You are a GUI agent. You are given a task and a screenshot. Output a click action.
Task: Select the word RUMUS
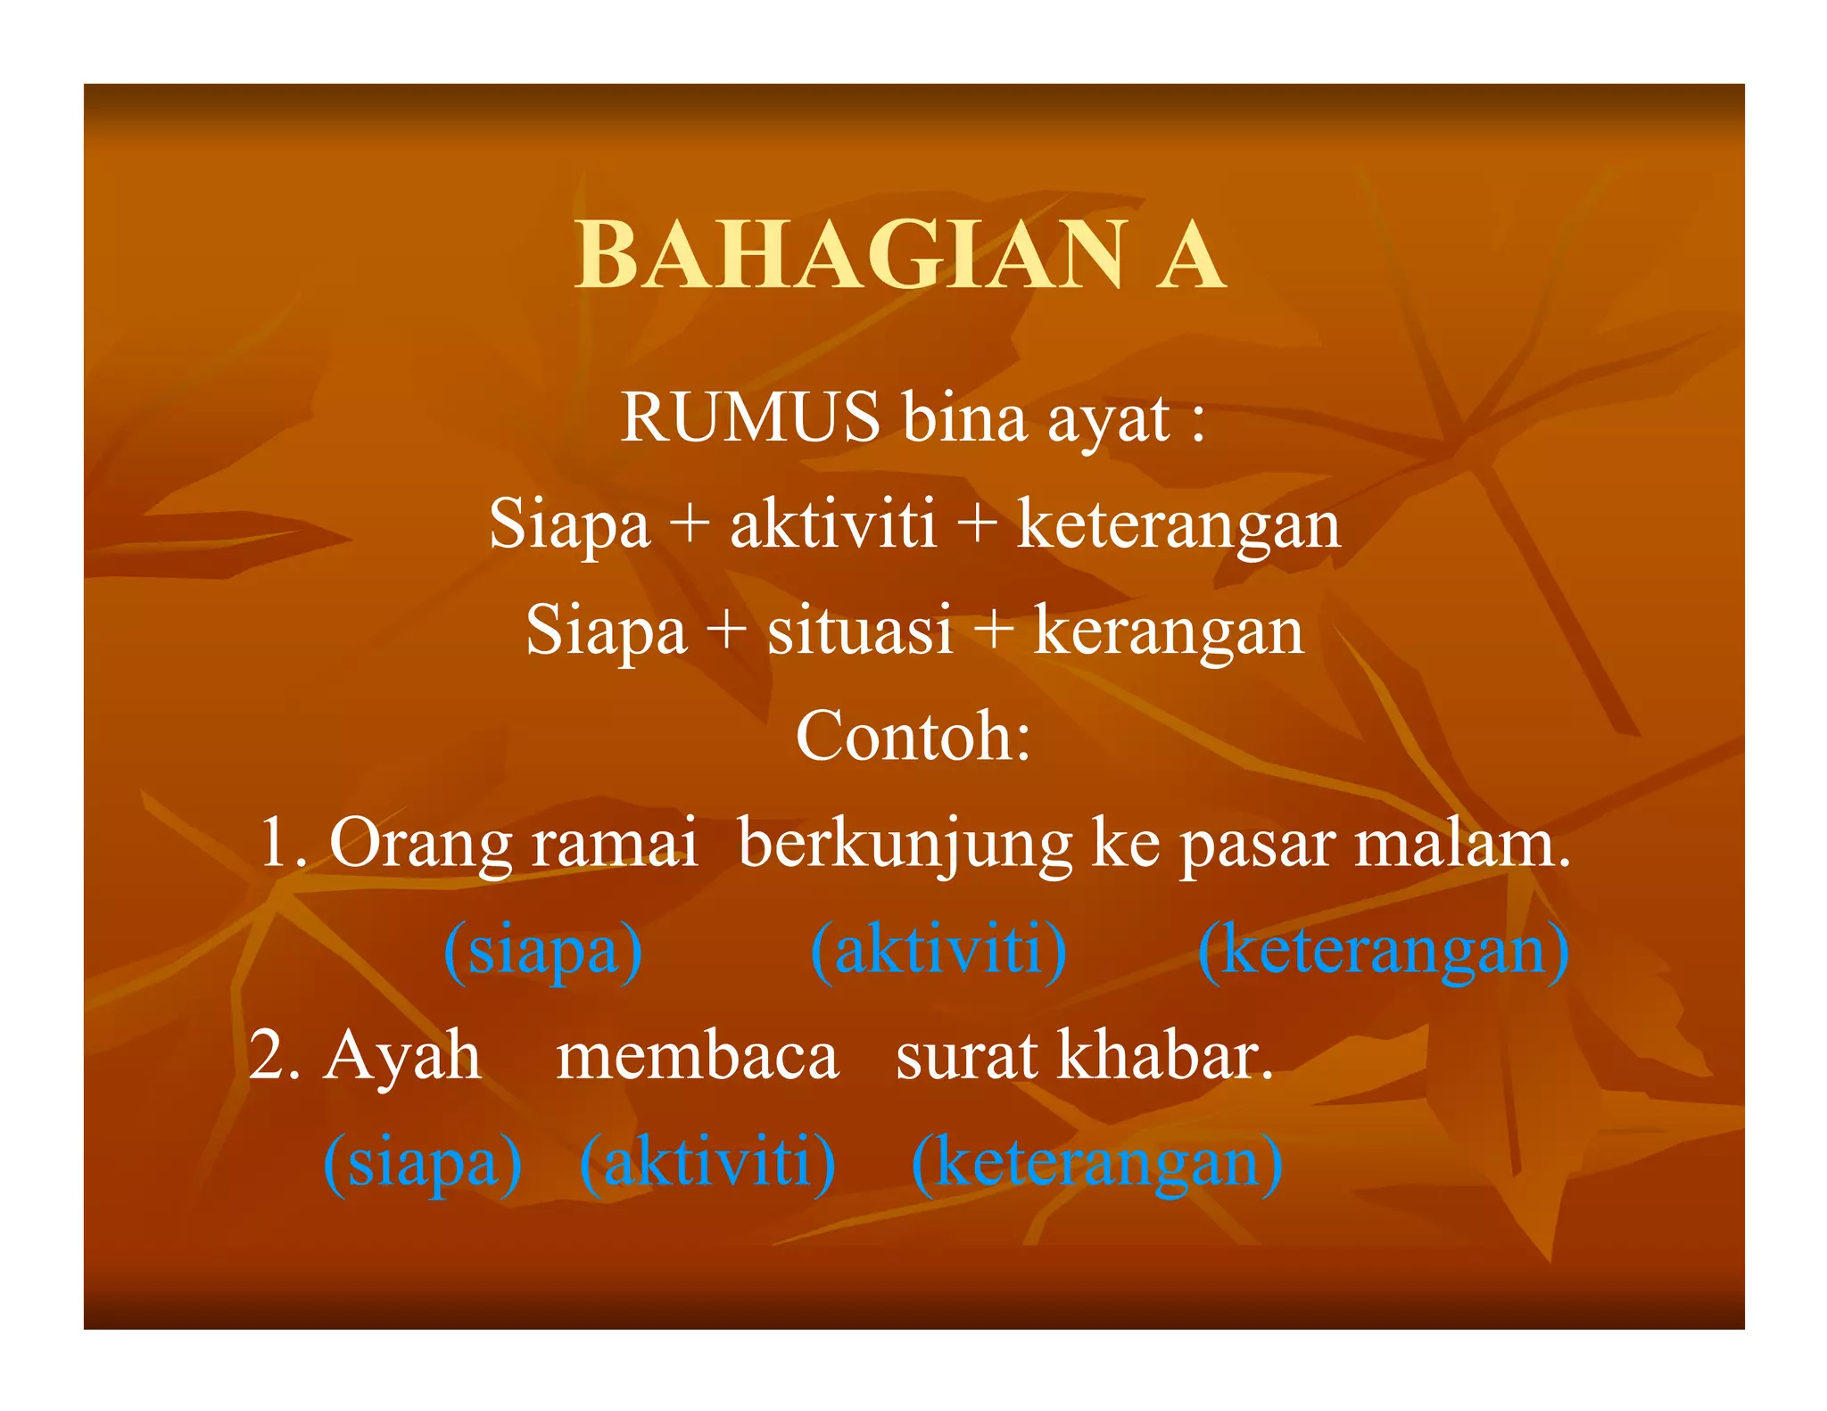pos(749,417)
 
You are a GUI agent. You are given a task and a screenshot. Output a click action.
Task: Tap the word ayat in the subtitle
pos(1107,419)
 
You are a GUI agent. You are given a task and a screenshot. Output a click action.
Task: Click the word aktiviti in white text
pos(833,524)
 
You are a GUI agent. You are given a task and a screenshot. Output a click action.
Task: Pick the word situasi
pos(860,630)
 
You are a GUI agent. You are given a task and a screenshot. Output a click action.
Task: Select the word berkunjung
pos(905,844)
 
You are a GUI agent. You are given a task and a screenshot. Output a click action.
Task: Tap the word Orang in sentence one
pos(420,844)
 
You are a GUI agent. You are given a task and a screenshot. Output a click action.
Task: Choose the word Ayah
pos(401,1056)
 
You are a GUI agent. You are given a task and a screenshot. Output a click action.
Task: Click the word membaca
pos(697,1056)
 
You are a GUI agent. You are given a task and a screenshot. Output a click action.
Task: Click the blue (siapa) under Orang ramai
pos(542,951)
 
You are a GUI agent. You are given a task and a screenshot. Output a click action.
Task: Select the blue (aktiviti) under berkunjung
pos(938,951)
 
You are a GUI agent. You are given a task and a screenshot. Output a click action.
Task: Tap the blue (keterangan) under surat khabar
pos(1096,1163)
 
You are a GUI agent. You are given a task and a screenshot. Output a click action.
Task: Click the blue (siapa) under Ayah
pos(422,1163)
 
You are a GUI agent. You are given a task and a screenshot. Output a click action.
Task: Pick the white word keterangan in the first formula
pos(1178,524)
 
